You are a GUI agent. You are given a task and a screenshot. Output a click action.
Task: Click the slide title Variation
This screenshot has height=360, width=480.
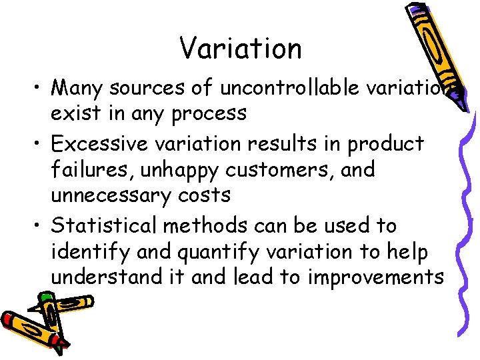240,48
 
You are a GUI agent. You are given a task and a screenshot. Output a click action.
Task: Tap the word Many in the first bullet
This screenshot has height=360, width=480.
77,87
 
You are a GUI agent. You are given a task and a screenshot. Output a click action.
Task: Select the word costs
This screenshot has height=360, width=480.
206,195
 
